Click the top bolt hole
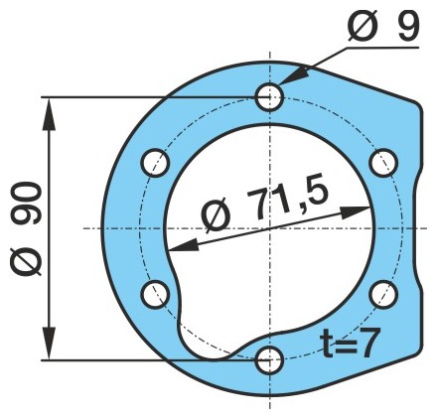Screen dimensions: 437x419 [270, 97]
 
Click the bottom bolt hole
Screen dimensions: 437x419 [270, 360]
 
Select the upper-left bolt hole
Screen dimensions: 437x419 [156, 163]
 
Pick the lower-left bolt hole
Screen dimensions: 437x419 [155, 294]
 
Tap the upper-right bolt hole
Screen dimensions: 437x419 [384, 163]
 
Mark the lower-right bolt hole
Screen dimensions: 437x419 [384, 294]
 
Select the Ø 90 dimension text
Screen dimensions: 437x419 [26, 228]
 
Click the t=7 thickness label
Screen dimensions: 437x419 [350, 343]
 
